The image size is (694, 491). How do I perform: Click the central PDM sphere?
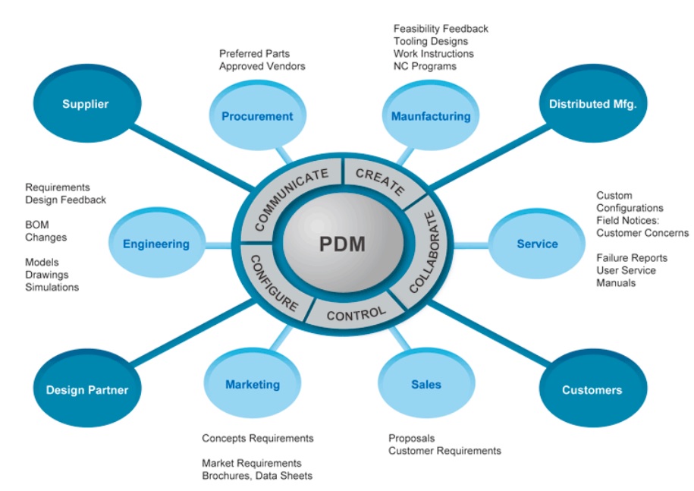coord(342,245)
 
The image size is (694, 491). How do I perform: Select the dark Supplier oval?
coord(86,104)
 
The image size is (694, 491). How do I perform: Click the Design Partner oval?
coord(87,390)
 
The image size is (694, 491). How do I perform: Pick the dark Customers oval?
coord(592,390)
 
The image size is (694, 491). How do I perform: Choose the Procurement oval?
coord(256,116)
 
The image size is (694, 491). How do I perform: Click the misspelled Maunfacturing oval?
coord(430,116)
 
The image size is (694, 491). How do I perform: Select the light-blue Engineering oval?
coord(155,244)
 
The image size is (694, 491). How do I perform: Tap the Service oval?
coord(537,244)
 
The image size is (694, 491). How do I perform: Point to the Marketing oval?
coord(252,385)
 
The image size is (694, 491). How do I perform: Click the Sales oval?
coord(426,385)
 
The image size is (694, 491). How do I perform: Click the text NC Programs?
coord(425,67)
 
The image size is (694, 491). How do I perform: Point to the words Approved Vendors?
coord(262,67)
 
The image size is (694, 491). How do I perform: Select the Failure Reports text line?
coord(631,258)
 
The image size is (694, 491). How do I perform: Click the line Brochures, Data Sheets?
coord(256,476)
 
